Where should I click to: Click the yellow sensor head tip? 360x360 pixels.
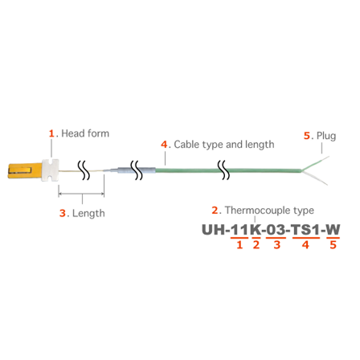[25, 170]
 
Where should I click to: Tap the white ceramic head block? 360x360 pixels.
[50, 170]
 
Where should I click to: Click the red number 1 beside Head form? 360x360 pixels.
[51, 133]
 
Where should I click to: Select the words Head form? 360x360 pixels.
[85, 133]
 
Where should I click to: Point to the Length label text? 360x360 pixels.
[88, 213]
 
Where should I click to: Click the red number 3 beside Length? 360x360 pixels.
[63, 213]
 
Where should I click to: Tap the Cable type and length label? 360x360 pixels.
[224, 145]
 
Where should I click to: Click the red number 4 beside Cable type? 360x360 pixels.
[164, 145]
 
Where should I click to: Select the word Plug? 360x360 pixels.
[326, 136]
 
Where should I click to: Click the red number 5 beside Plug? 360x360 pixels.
[307, 136]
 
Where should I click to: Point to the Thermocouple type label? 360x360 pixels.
[269, 211]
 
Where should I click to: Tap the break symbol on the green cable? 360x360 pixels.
[223, 170]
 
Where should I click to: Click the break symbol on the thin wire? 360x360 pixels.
[85, 170]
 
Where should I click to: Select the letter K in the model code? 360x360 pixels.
[256, 230]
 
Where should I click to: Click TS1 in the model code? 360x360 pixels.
[305, 230]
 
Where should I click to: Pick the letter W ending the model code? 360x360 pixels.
[333, 230]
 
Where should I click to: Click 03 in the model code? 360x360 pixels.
[276, 230]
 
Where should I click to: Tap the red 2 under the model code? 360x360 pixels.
[256, 244]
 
